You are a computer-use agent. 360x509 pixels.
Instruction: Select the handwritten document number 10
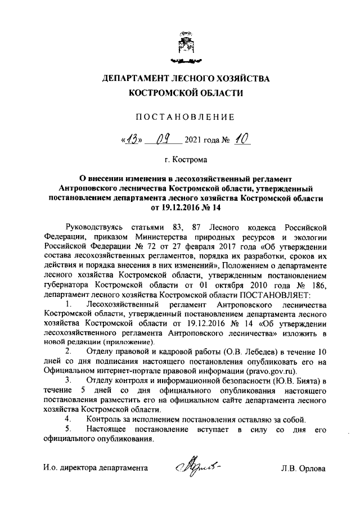[241, 137]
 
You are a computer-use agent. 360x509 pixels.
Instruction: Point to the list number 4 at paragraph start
[67, 419]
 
